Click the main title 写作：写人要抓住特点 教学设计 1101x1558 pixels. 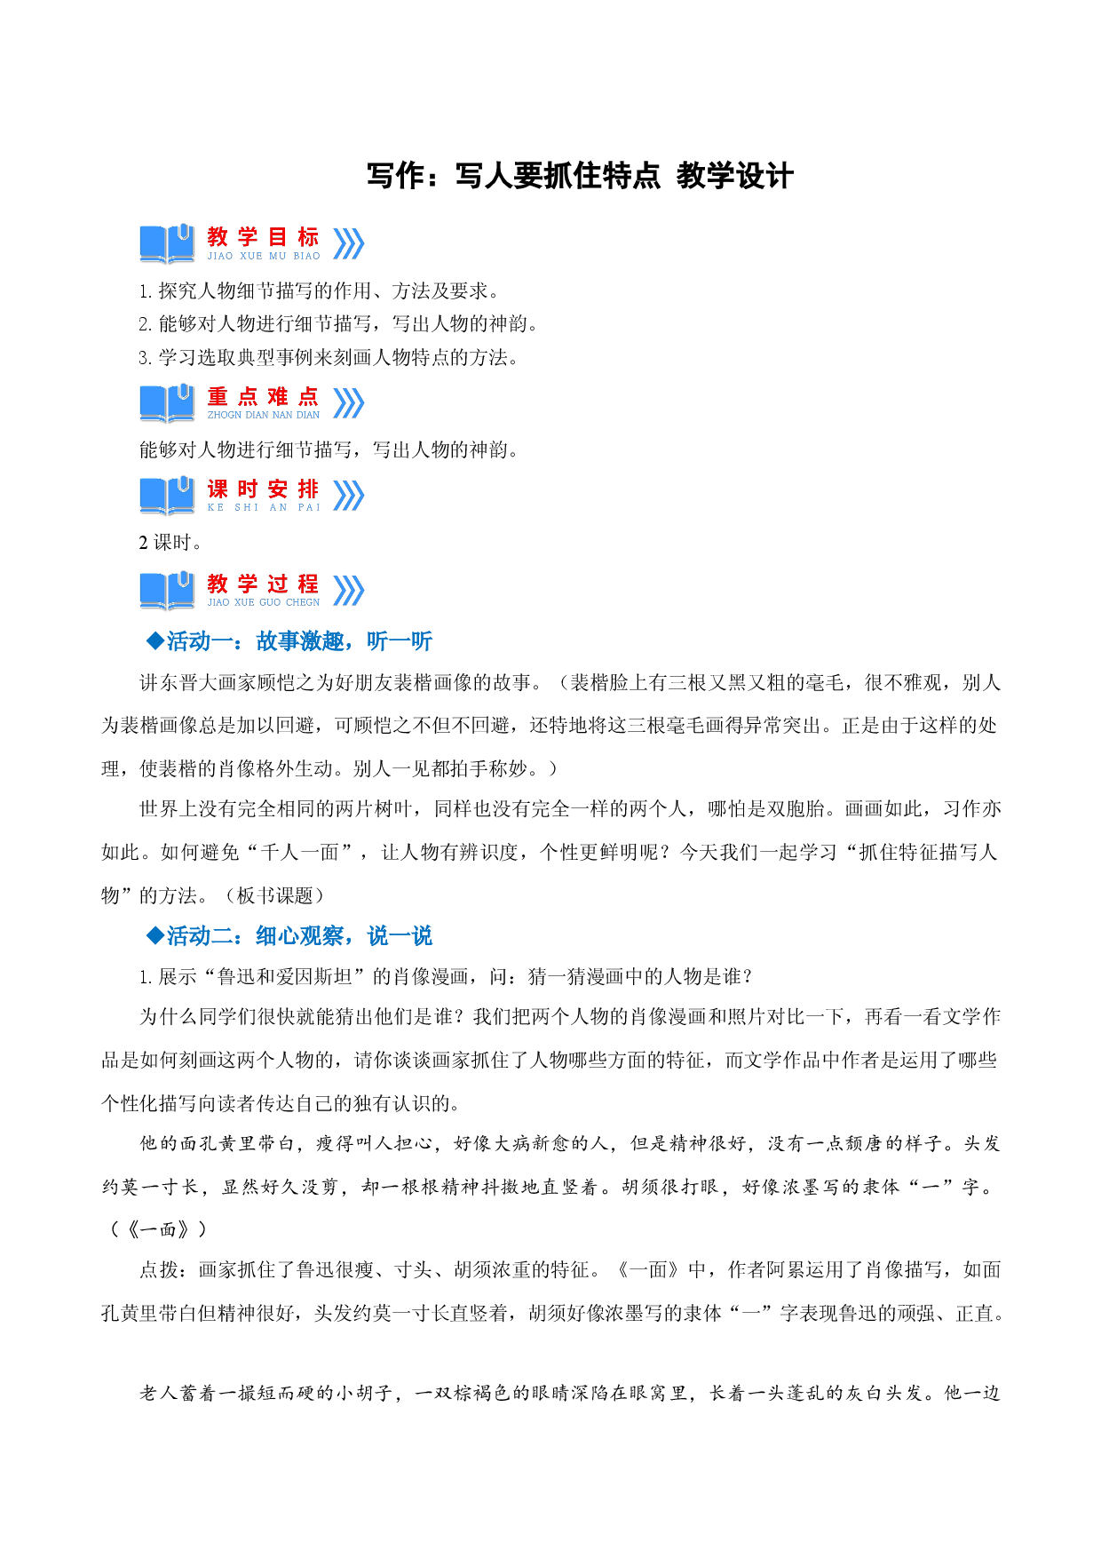[x=580, y=176]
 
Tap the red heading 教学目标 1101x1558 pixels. [x=263, y=237]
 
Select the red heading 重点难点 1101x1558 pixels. [x=263, y=396]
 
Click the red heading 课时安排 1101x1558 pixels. [x=263, y=489]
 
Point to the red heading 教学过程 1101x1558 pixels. [x=263, y=584]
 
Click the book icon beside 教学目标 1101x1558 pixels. [x=167, y=243]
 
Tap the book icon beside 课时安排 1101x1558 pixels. [x=167, y=496]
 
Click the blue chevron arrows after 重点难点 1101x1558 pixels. [x=349, y=403]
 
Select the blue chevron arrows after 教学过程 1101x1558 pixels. [x=349, y=590]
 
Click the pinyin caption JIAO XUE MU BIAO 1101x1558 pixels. [x=264, y=256]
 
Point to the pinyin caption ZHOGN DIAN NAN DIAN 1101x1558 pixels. [x=264, y=415]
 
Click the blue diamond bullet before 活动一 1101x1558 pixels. [x=155, y=640]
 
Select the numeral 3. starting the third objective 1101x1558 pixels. [x=146, y=358]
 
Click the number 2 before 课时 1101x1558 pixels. [x=144, y=543]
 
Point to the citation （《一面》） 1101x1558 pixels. [x=157, y=1229]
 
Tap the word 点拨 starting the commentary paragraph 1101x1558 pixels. [x=159, y=1270]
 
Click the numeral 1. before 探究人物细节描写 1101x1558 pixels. [x=146, y=291]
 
